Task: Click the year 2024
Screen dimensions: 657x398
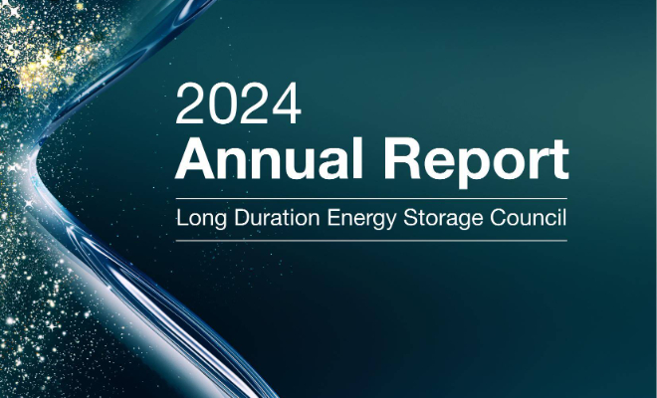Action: click(239, 103)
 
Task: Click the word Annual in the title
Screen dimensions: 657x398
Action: click(269, 159)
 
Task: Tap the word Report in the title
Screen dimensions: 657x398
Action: click(476, 162)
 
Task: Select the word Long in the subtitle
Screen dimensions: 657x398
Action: click(201, 219)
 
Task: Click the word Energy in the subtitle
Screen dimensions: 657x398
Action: click(361, 219)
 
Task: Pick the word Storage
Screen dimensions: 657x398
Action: click(442, 219)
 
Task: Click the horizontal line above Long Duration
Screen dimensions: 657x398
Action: click(371, 198)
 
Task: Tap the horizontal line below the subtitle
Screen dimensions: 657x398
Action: click(371, 241)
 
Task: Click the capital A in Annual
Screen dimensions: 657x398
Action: click(195, 158)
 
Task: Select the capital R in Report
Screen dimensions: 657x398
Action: click(401, 158)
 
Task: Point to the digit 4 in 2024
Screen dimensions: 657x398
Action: click(287, 103)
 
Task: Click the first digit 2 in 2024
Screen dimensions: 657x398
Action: click(189, 103)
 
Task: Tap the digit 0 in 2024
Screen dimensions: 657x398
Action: click(223, 103)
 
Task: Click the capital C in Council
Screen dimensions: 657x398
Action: click(498, 218)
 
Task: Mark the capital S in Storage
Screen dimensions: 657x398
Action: click(410, 218)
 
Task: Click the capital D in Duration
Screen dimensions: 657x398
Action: click(241, 218)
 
